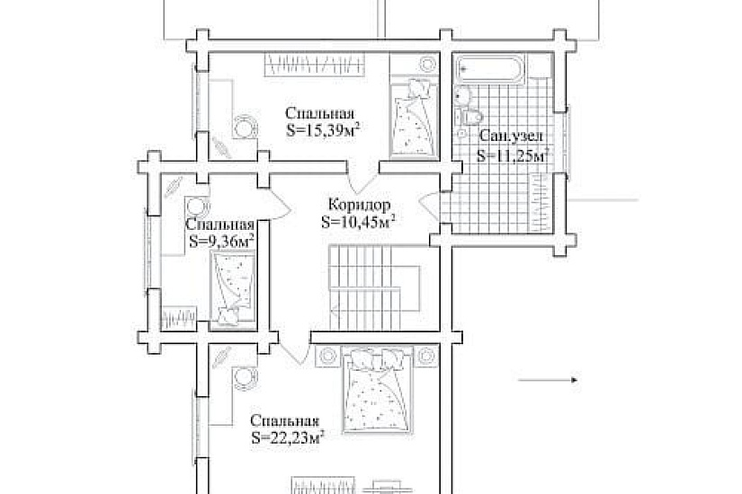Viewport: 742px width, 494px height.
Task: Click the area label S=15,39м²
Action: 322,130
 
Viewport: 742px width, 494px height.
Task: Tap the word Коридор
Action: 360,205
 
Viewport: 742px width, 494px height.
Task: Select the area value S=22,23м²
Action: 287,437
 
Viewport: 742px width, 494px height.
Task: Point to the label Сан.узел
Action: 511,137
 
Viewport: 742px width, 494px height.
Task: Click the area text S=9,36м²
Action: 221,241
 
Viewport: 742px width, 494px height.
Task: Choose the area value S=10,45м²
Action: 358,222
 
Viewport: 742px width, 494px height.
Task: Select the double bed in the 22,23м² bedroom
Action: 378,391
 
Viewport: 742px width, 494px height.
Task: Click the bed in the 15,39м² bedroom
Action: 415,119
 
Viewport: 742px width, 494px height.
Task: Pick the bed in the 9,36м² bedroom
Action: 233,289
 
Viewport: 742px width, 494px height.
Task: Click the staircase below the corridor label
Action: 375,287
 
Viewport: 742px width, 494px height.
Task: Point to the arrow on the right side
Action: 548,380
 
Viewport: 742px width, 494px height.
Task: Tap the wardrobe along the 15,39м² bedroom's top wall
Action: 315,65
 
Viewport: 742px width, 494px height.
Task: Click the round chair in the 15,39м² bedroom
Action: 246,126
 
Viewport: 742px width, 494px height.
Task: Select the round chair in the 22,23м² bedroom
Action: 246,379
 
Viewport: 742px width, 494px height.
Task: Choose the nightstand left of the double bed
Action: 327,356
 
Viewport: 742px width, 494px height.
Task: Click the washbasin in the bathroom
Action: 462,96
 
